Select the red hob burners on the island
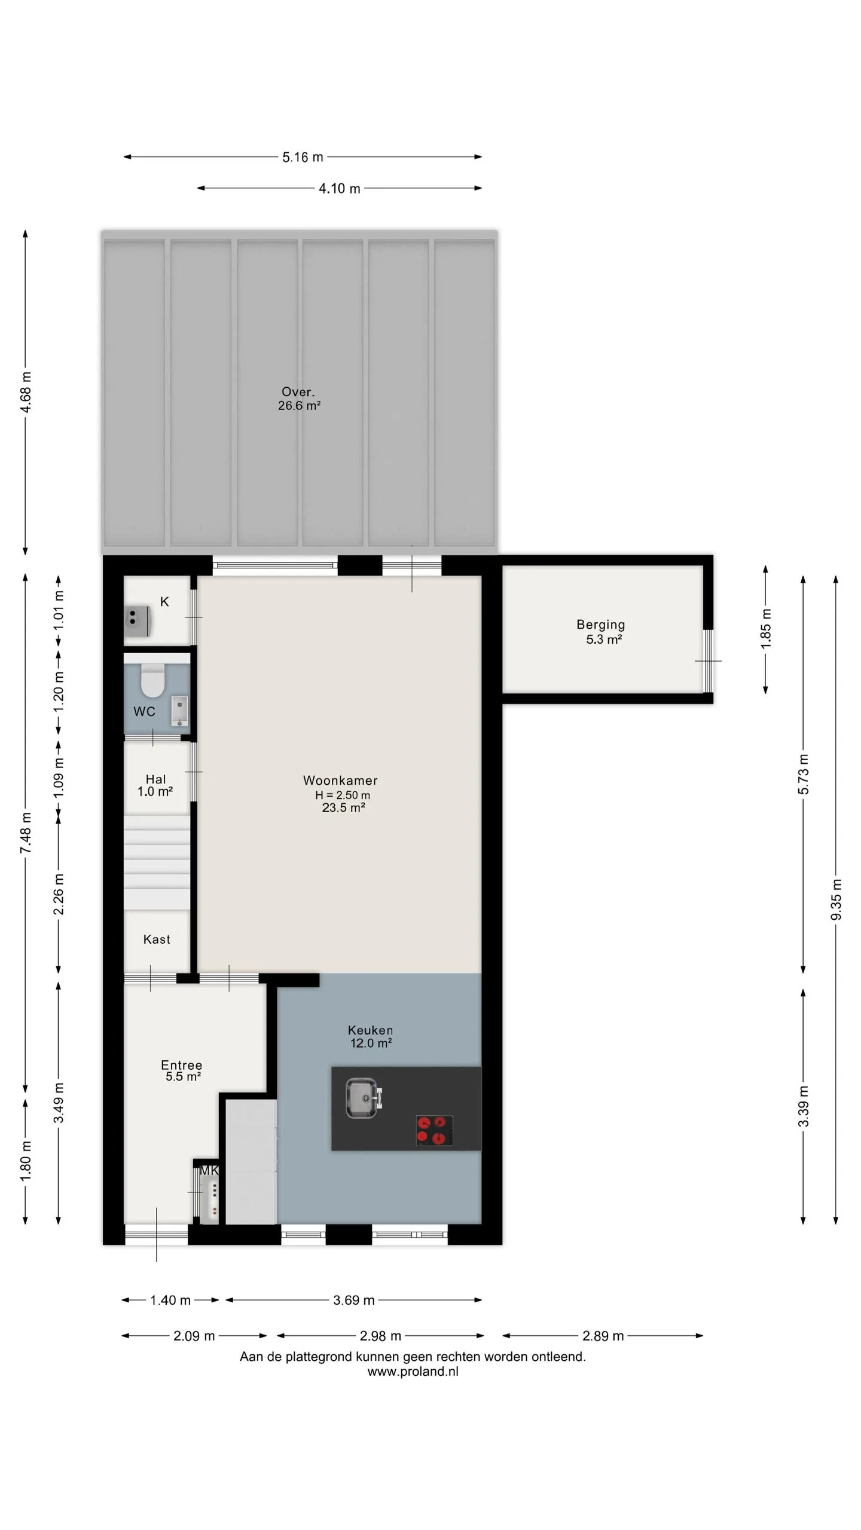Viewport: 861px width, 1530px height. click(x=434, y=1131)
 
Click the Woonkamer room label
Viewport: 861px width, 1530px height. click(x=340, y=780)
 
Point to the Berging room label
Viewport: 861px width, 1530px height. click(x=601, y=625)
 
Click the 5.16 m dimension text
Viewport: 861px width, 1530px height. click(x=303, y=157)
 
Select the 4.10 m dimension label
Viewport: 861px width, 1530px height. click(x=340, y=189)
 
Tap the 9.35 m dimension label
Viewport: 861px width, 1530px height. click(x=836, y=900)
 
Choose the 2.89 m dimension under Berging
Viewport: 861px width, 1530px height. click(x=603, y=1336)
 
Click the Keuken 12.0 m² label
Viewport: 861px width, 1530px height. click(x=371, y=1036)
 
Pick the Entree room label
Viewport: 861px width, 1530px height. click(x=182, y=1065)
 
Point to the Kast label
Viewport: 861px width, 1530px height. click(x=157, y=940)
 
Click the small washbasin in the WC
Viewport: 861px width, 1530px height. click(x=179, y=711)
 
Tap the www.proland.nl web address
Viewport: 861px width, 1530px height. click(x=413, y=1372)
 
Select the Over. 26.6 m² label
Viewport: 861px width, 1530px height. click(x=299, y=399)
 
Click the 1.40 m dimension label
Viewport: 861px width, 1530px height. click(x=170, y=1300)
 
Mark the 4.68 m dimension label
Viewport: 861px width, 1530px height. click(x=26, y=392)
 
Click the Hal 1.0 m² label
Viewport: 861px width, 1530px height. click(x=155, y=785)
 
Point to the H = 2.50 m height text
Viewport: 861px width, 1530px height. click(x=343, y=795)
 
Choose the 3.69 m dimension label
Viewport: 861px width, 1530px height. click(x=354, y=1300)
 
